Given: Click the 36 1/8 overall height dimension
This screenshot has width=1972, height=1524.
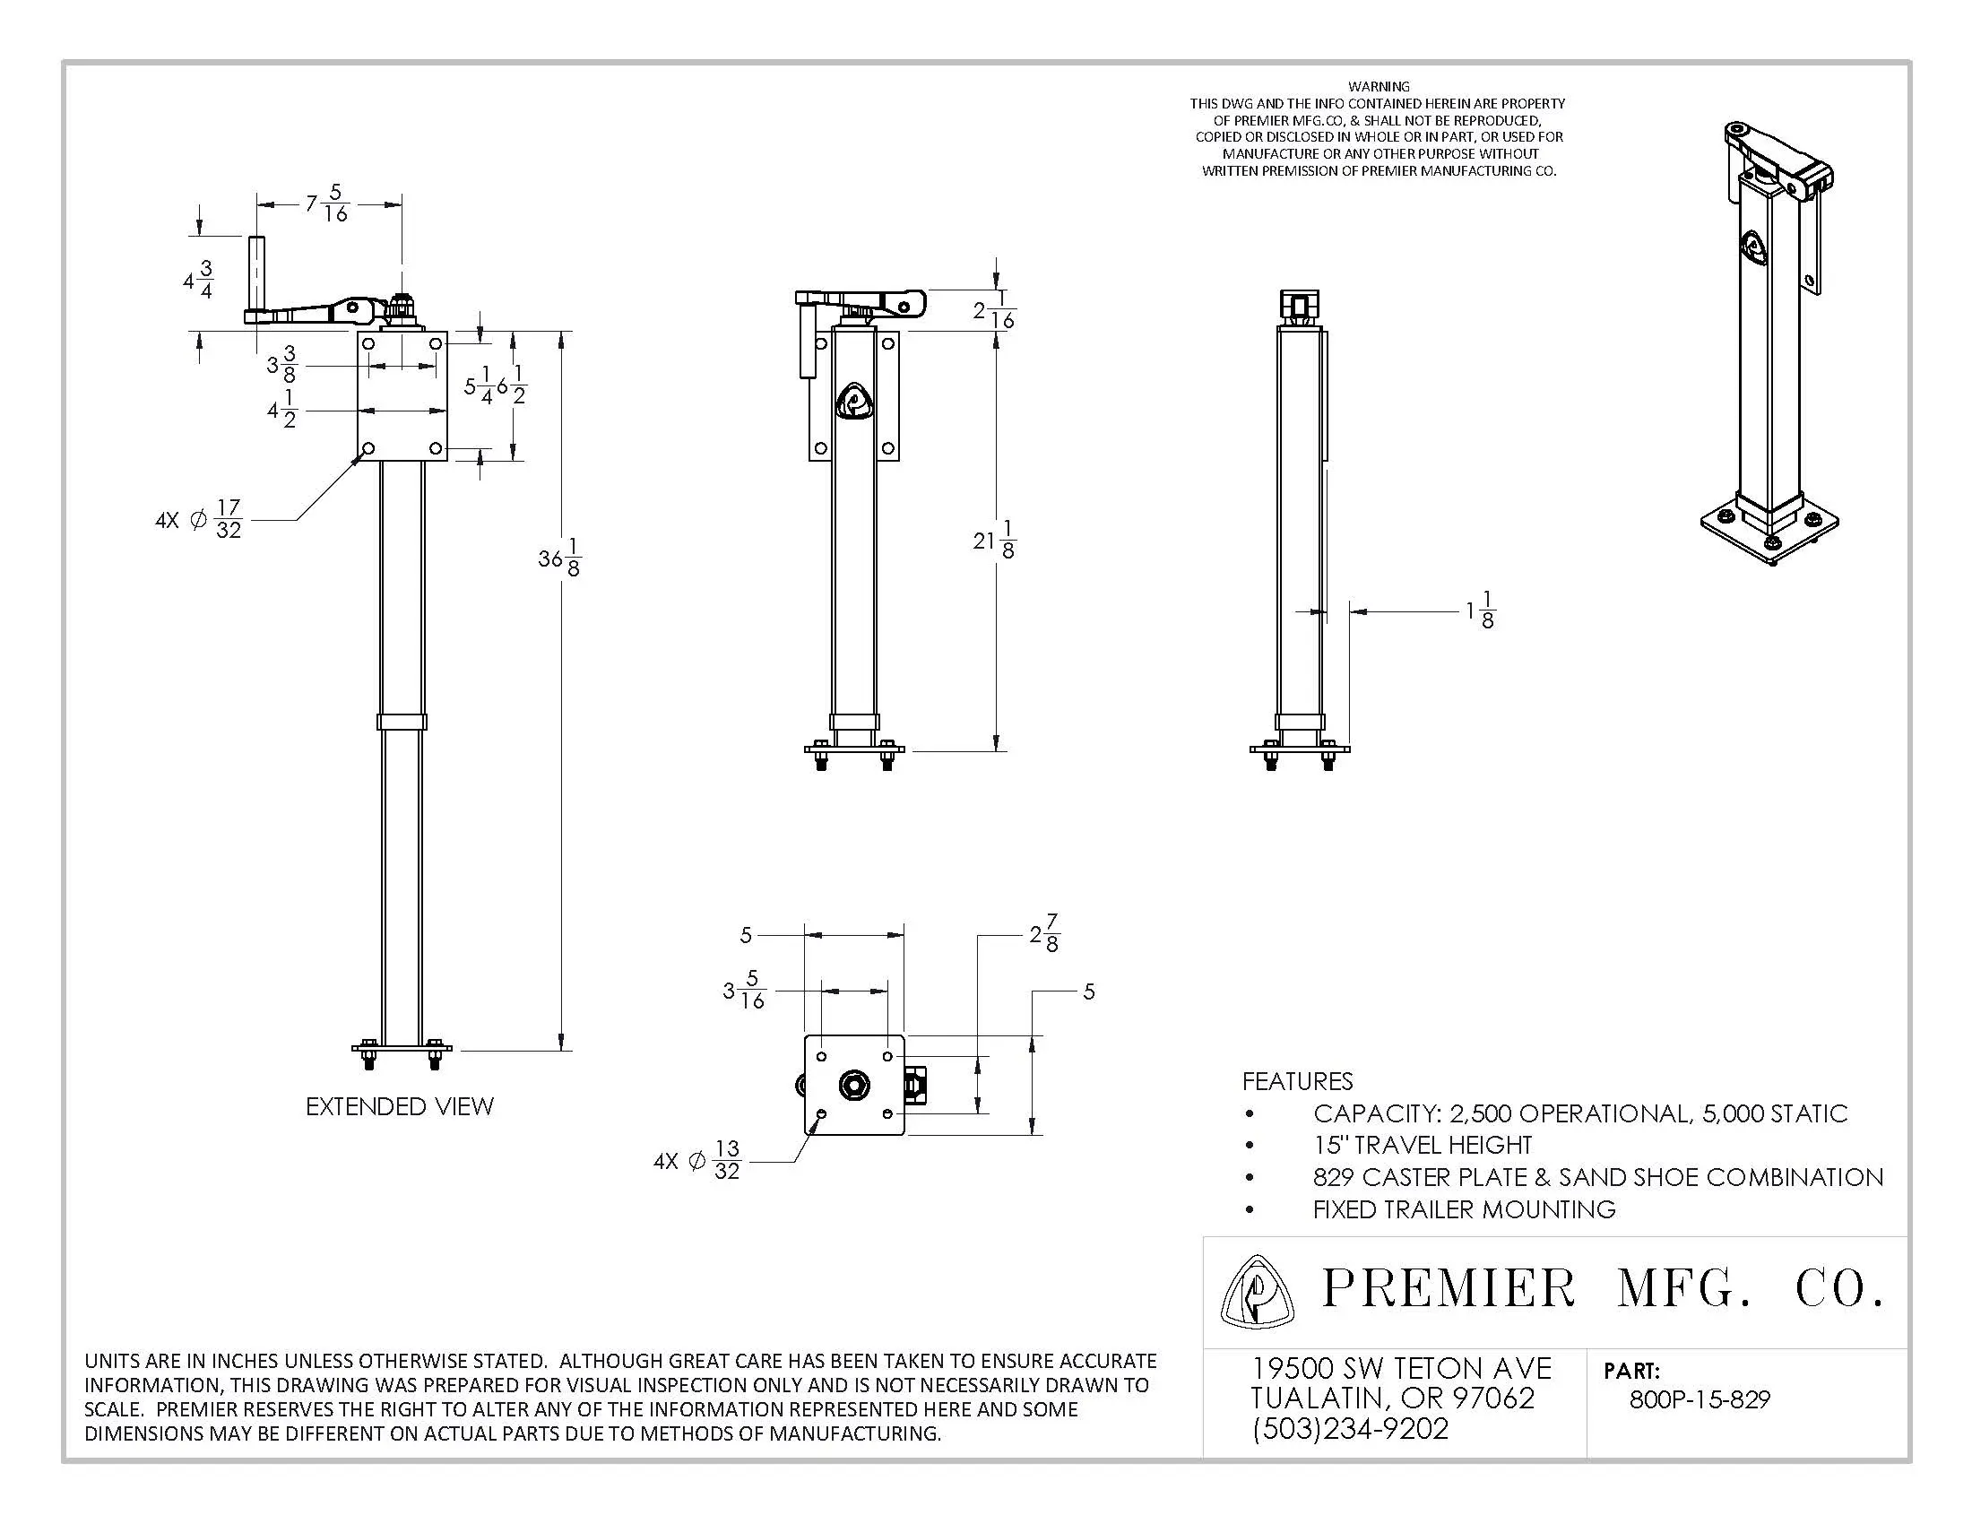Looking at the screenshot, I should pos(560,558).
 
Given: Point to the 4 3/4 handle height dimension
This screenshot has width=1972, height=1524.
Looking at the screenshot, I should pos(199,279).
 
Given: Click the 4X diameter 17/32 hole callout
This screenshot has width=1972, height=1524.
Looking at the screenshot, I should pos(200,520).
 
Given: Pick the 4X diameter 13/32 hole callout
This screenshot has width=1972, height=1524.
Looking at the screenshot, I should pos(698,1160).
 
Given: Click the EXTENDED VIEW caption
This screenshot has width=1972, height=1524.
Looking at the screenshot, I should pos(399,1107).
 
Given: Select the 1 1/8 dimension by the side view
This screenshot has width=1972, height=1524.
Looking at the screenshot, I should pos(1480,611).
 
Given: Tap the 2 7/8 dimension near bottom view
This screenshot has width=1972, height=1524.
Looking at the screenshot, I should pos(1044,933).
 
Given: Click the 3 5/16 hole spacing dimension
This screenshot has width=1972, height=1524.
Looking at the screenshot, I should pos(745,991).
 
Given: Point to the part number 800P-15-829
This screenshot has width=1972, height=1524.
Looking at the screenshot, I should pos(1700,1399).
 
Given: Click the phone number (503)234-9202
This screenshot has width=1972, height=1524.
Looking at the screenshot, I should pos(1350,1428).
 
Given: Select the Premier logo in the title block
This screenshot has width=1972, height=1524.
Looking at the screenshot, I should pos(1256,1292).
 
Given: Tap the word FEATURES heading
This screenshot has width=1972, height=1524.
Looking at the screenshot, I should pos(1297,1081).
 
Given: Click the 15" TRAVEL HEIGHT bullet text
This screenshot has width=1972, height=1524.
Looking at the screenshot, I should pos(1423,1145).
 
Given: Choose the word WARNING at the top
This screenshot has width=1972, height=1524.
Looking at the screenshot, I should pos(1379,87).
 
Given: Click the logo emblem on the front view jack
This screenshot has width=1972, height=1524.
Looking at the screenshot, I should pos(853,401).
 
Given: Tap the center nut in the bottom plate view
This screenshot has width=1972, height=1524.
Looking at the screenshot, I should pos(852,1085).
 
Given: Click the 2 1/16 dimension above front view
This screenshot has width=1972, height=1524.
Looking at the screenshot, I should pos(994,310).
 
